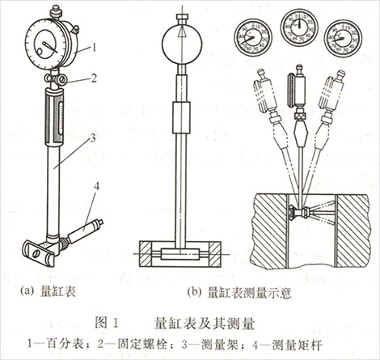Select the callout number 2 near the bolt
(95, 78)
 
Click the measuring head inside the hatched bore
(301, 213)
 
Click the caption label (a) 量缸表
(53, 286)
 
